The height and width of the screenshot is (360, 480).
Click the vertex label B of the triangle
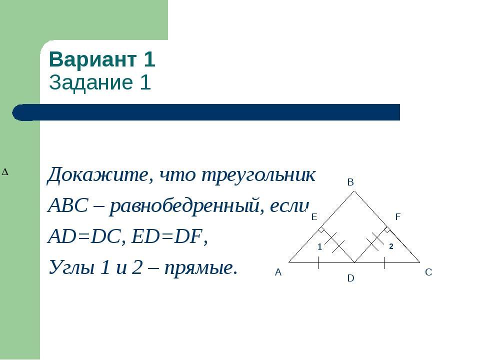coord(350,182)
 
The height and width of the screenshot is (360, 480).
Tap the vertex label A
coord(278,272)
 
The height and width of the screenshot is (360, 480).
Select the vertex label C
coord(428,272)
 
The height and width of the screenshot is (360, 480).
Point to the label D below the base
coord(351,278)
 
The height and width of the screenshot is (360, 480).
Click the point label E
coord(314,217)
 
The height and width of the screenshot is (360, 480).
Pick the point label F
coord(398,217)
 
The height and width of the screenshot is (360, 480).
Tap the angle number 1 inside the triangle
coord(320,246)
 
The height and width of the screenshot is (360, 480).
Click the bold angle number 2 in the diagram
coord(391,246)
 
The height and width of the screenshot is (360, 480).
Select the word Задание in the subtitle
coord(91,82)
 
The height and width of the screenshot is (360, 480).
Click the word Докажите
coord(98,175)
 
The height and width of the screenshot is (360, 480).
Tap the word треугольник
coord(258,175)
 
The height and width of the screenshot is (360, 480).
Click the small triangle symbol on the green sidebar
coord(5,172)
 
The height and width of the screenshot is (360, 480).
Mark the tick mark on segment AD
coord(318,262)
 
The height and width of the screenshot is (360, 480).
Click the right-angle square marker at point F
coord(387,229)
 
